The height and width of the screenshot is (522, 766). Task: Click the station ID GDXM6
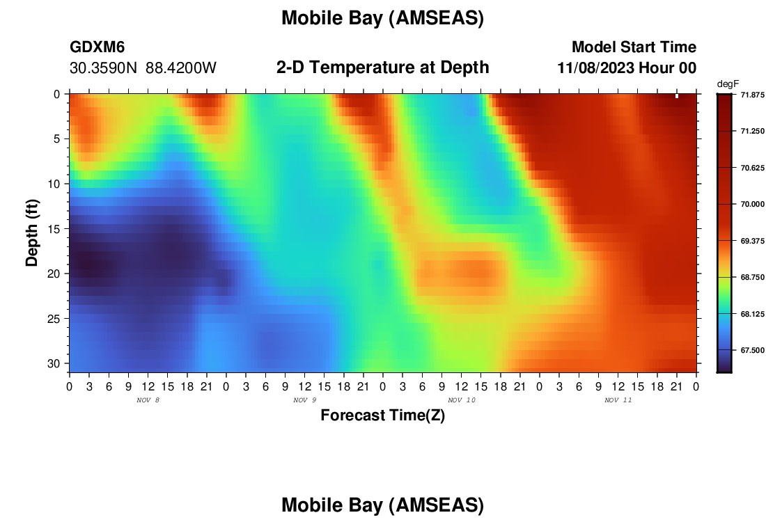(97, 47)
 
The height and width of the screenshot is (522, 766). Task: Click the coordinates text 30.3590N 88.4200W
(143, 68)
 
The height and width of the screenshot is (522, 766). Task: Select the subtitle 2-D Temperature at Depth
(382, 68)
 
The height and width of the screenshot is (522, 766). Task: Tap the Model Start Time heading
(634, 47)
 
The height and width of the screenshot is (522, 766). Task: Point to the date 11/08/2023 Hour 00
(627, 68)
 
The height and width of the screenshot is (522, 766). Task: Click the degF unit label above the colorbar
(728, 84)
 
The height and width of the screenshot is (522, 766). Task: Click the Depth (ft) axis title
(32, 233)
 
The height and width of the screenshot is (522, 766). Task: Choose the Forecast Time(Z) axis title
(382, 415)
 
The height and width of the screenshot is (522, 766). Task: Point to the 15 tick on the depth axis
(56, 229)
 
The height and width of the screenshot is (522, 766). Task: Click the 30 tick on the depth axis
(56, 364)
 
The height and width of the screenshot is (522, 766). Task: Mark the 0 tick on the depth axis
(57, 94)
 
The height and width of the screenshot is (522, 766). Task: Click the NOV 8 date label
(148, 400)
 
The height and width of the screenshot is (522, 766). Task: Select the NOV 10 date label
(462, 400)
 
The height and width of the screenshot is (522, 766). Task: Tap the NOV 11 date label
(618, 400)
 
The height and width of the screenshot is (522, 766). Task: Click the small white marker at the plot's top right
(677, 96)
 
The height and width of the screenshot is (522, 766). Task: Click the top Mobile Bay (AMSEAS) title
(382, 18)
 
